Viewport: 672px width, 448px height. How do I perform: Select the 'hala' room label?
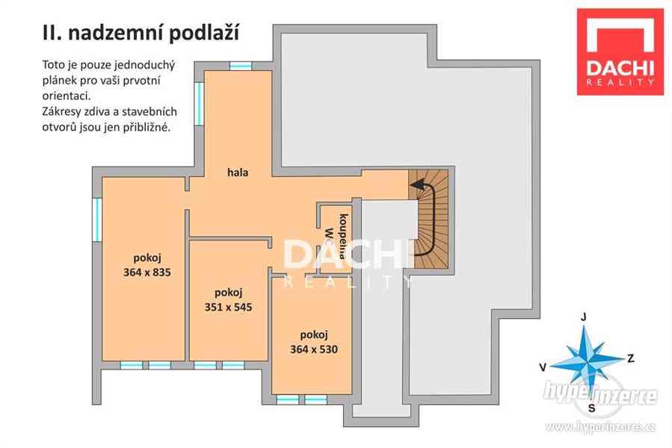238,172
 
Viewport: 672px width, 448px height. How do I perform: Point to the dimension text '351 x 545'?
227,306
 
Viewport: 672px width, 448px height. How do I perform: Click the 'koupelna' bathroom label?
343,234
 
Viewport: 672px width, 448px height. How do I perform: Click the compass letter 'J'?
584,316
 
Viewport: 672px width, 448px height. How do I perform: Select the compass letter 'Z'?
631,358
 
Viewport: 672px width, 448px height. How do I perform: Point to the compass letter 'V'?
543,367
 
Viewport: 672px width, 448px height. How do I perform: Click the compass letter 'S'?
592,408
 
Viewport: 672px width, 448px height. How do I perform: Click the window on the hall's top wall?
240,66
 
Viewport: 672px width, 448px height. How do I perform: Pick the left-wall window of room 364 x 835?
96,219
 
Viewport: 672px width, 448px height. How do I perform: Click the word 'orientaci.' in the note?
66,96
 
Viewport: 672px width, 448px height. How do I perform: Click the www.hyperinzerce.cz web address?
601,426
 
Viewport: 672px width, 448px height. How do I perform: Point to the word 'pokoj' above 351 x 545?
227,292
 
